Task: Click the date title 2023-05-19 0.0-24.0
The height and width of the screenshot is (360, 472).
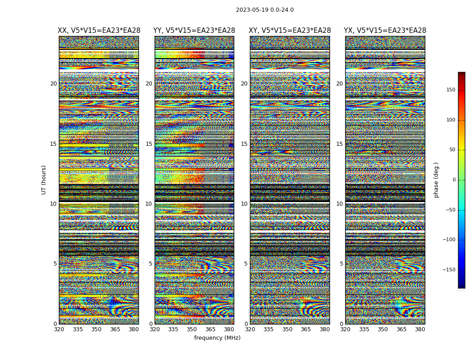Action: [265, 10]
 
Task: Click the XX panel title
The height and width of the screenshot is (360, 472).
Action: [99, 31]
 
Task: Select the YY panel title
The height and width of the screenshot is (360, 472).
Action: [194, 31]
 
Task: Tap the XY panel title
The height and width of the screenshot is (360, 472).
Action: [290, 31]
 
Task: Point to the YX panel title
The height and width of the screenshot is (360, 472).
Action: [385, 31]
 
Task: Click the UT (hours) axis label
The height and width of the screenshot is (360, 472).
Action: [44, 180]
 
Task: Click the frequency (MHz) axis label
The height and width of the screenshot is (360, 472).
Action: [217, 338]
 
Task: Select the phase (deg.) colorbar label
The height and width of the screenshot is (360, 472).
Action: [436, 180]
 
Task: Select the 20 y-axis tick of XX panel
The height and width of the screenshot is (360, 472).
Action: [53, 84]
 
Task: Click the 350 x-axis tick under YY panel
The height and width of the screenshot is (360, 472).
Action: [192, 329]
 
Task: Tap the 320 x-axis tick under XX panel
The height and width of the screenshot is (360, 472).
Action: [59, 329]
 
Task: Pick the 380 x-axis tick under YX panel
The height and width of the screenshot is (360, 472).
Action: [420, 329]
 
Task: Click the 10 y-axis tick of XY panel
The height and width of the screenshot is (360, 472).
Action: [244, 204]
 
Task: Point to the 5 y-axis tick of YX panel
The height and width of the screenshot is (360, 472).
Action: [341, 264]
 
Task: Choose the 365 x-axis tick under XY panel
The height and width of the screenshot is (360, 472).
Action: [306, 329]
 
